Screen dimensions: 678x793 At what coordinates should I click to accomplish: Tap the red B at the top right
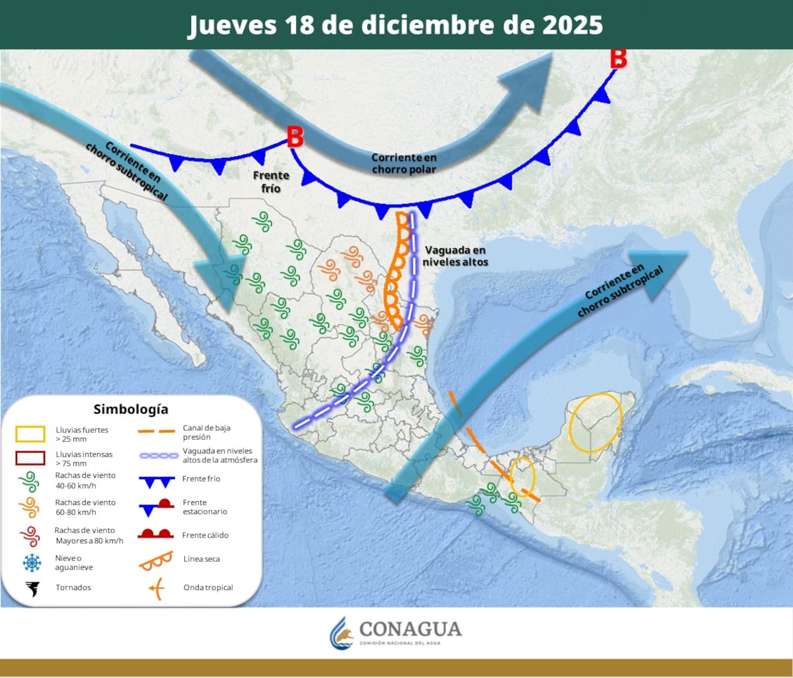(x=618, y=58)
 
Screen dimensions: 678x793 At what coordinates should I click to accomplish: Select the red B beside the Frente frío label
(x=295, y=137)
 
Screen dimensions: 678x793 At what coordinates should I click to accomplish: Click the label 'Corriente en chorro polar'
(x=404, y=163)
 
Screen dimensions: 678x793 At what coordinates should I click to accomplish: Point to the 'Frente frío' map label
(x=271, y=182)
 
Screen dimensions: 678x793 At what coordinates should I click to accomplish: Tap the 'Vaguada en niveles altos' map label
(x=456, y=255)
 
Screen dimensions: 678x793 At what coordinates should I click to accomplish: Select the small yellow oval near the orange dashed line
(x=522, y=476)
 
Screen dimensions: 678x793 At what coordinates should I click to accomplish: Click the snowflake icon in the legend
(x=31, y=562)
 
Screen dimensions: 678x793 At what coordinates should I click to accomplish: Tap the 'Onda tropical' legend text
(x=208, y=588)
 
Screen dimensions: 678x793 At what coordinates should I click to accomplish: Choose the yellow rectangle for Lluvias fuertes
(x=30, y=434)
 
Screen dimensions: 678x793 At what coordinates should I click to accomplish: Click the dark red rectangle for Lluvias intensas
(x=30, y=458)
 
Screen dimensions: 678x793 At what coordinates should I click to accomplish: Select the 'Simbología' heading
(x=131, y=409)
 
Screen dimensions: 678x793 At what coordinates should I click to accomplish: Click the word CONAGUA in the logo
(x=410, y=628)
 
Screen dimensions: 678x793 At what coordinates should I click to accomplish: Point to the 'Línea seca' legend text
(x=202, y=559)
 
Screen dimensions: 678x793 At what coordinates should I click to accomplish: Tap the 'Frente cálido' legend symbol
(x=155, y=533)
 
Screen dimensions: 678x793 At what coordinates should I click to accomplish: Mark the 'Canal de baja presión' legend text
(x=206, y=432)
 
